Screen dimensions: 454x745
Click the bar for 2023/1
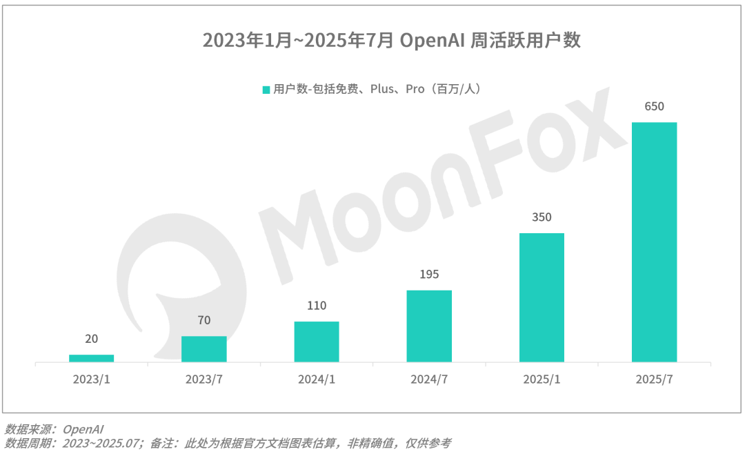coord(91,358)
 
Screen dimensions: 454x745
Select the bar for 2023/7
coord(203,349)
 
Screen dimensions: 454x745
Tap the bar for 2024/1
coord(317,342)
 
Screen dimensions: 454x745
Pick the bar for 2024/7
coord(429,326)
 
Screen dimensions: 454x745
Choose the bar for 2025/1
coord(542,297)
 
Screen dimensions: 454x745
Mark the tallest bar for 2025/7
coord(654,242)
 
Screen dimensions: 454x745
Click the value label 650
coord(654,107)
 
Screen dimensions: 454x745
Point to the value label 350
coord(542,217)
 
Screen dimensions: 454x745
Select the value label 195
coord(429,275)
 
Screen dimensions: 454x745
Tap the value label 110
coord(317,306)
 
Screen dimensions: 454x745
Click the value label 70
coord(203,320)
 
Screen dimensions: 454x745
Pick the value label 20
coord(91,339)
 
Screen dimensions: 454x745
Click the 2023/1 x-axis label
coord(91,379)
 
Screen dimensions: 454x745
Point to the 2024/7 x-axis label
coord(429,379)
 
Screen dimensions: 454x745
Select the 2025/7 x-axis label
coord(654,379)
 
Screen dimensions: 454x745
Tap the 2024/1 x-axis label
coord(317,379)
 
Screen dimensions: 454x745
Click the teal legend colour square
coord(266,90)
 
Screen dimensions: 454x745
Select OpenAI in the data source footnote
coord(83,429)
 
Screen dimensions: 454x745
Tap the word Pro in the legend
coord(415,89)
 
